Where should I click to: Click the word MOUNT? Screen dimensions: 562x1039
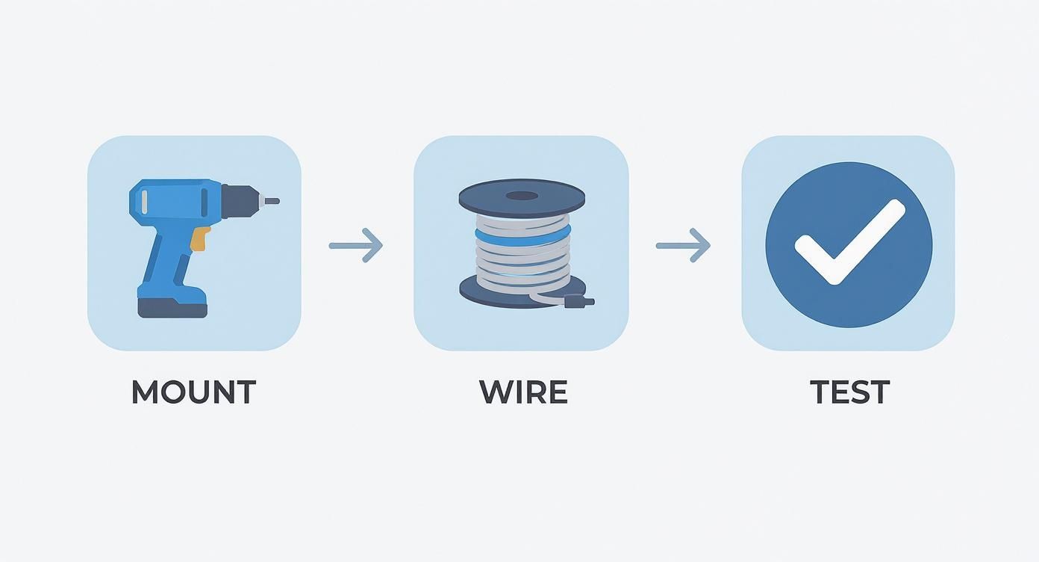click(x=193, y=392)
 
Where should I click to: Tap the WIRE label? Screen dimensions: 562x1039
click(x=523, y=392)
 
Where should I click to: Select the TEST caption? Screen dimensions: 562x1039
click(x=849, y=392)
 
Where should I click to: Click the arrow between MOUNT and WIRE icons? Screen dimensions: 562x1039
click(x=356, y=245)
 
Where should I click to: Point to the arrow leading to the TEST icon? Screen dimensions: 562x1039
click(x=683, y=245)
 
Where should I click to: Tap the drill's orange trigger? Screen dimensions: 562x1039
click(x=199, y=238)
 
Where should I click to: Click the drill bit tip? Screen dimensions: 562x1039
click(x=274, y=201)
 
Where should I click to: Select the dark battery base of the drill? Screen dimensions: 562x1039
click(x=172, y=307)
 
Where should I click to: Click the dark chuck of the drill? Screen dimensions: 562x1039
click(x=241, y=201)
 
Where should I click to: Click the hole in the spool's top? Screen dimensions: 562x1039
click(x=522, y=197)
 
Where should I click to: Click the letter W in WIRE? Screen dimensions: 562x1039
click(x=496, y=392)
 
